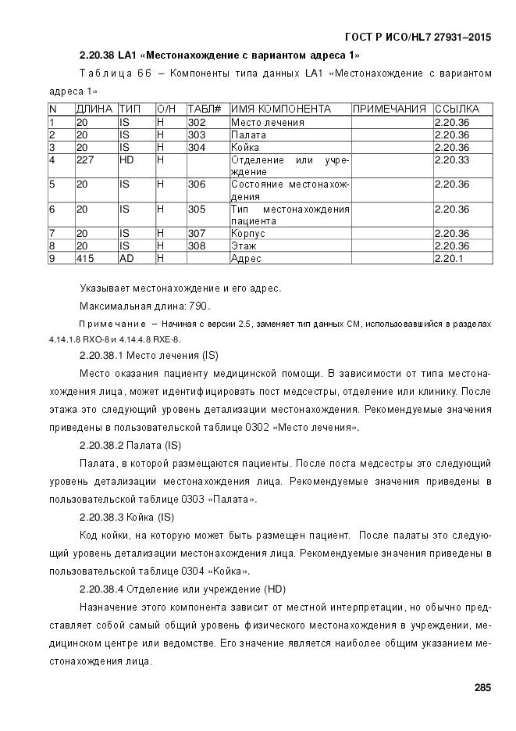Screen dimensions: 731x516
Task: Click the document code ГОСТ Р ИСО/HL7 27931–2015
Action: point(418,37)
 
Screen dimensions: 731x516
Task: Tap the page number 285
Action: point(482,688)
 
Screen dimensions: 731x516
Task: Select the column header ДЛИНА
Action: point(94,109)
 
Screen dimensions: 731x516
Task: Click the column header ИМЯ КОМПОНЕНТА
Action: point(280,109)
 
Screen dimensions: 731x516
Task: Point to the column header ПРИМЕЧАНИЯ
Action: point(390,109)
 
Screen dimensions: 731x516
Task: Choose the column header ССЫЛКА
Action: point(457,109)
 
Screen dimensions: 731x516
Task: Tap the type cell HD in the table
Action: point(126,159)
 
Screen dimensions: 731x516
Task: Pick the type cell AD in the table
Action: point(126,258)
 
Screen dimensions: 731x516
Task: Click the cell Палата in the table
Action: point(247,134)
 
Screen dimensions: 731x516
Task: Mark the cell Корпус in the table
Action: point(248,233)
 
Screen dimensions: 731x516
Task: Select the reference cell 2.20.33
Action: point(451,159)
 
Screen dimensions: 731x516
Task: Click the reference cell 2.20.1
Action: point(448,258)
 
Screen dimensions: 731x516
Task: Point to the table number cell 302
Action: point(197,122)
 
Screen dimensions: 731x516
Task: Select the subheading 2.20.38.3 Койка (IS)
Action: point(126,517)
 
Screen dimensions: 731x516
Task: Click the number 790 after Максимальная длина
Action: point(198,306)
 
